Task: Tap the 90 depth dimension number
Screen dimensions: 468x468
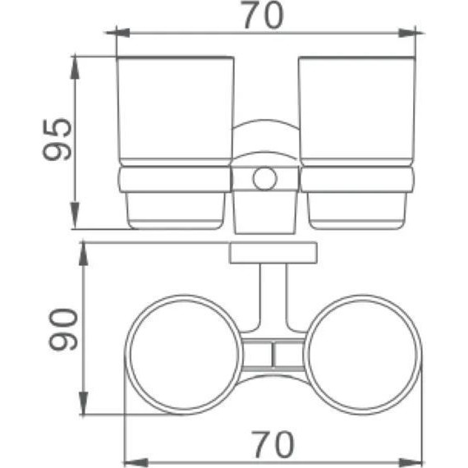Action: click(63, 330)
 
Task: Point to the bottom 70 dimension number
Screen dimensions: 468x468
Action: click(268, 444)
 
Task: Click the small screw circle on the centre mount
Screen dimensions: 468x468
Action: click(264, 179)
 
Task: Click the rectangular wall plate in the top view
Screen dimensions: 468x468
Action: click(273, 254)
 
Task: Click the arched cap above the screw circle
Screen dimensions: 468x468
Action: click(264, 135)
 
